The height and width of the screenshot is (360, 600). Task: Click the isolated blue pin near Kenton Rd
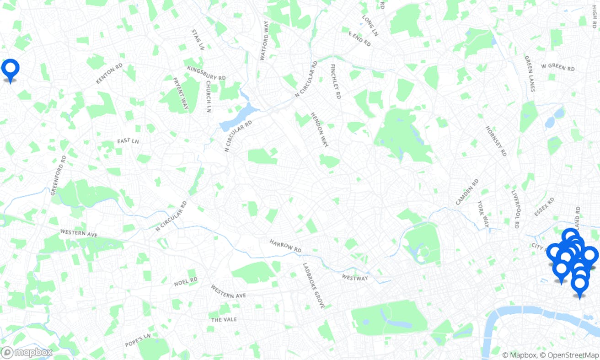[x=10, y=69]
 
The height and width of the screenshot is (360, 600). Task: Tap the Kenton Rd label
[x=109, y=74]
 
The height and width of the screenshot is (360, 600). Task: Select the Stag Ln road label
[x=197, y=39]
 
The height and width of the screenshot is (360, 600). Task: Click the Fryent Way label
[x=181, y=93]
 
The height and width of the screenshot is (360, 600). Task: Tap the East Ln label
[x=128, y=141]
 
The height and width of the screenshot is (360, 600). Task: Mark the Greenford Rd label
[x=59, y=175]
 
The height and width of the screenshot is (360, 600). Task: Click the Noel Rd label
[x=186, y=282]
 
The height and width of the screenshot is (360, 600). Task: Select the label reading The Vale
[x=224, y=319]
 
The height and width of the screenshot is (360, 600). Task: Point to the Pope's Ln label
[x=138, y=340]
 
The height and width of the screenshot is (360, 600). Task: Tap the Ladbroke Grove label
[x=314, y=285]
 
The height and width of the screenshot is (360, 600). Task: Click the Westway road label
[x=355, y=278]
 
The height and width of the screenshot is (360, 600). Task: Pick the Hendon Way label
[x=320, y=130]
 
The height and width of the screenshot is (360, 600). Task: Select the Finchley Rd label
[x=335, y=81]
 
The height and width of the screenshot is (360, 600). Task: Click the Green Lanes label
[x=530, y=73]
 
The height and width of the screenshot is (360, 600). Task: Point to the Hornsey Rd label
[x=496, y=141]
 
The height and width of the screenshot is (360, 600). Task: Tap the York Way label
[x=483, y=214]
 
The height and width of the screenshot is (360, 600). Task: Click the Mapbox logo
[x=27, y=353]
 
